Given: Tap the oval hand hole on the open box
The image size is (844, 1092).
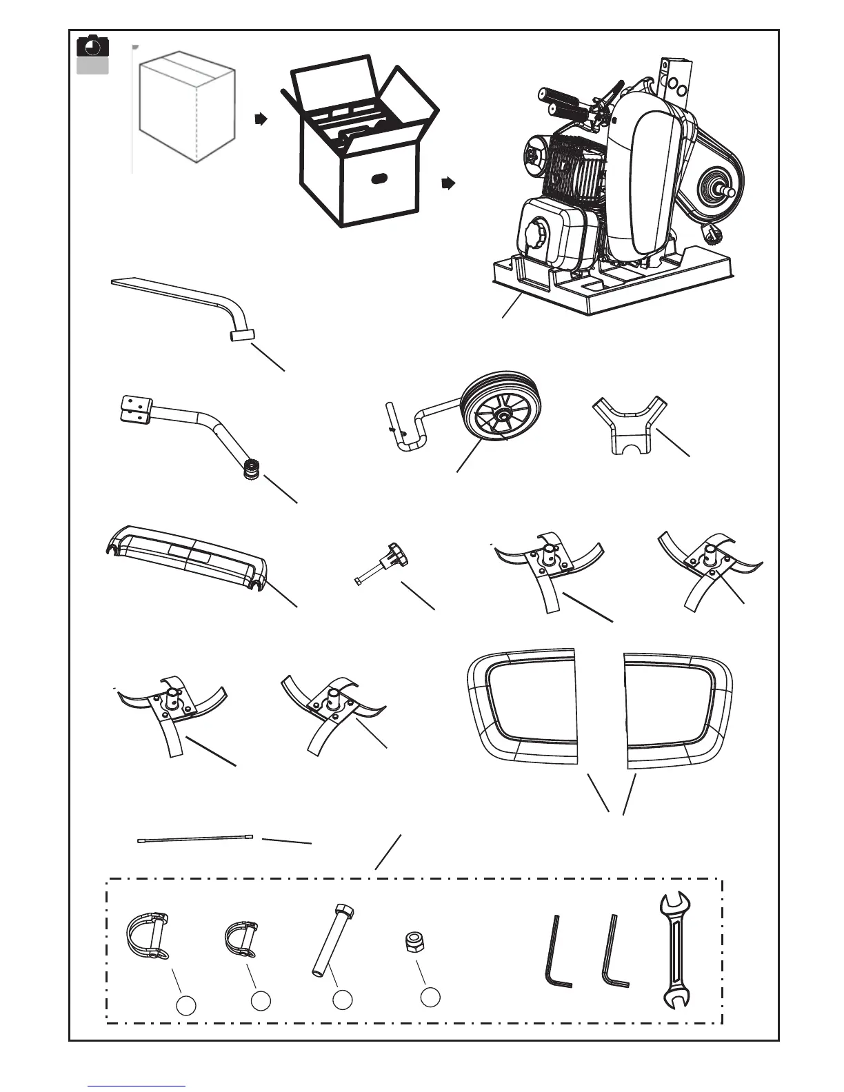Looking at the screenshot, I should pyautogui.click(x=379, y=179).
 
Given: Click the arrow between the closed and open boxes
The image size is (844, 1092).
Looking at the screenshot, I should pyautogui.click(x=260, y=120).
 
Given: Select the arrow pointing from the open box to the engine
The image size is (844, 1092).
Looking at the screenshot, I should pyautogui.click(x=448, y=183).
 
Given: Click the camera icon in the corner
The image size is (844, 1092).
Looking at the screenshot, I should pyautogui.click(x=92, y=47).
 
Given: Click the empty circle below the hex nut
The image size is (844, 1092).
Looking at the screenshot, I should pyautogui.click(x=430, y=996).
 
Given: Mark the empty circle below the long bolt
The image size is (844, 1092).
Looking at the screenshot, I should pyautogui.click(x=343, y=1001).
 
